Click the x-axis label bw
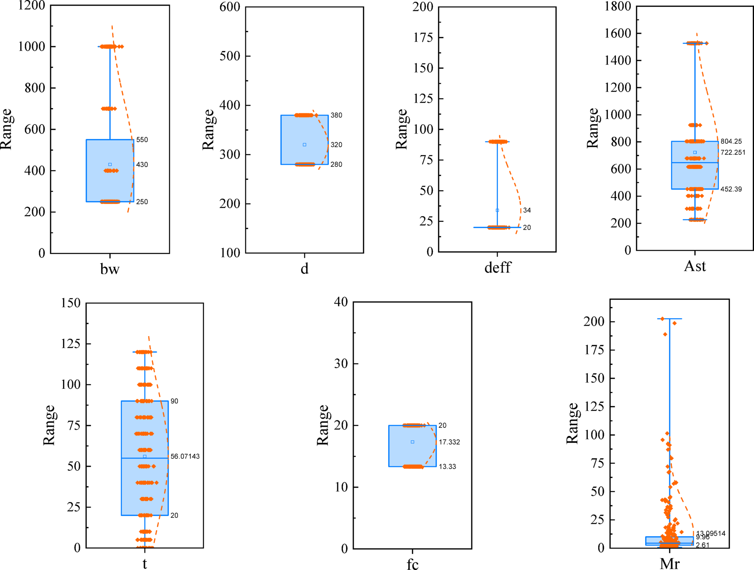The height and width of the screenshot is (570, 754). coord(110,269)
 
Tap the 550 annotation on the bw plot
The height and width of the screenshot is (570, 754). coord(142,140)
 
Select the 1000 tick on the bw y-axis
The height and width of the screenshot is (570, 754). coord(31,47)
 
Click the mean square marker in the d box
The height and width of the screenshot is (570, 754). coord(304,145)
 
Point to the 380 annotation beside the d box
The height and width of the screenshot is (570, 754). coord(336,115)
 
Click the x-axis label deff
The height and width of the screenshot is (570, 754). coord(497,268)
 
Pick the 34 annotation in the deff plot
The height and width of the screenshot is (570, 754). coord(526,210)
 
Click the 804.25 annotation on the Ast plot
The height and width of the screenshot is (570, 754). coord(731,141)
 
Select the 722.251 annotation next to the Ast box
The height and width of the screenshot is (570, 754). coord(732,152)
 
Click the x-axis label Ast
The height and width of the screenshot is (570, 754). coord(695,266)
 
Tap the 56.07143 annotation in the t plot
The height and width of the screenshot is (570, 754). coord(185,456)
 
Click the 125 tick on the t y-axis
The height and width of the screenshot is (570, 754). coord(70,343)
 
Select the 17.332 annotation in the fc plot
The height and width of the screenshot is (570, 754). coord(449,442)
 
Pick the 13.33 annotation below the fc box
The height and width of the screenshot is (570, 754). coord(447,466)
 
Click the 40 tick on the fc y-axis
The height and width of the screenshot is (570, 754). coord(341,302)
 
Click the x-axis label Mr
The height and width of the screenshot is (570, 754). coord(669,564)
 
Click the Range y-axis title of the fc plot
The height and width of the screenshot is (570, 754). coord(322,425)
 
